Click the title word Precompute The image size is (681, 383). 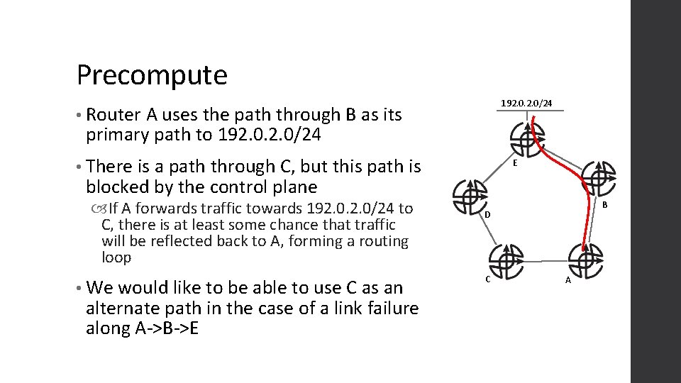[152, 74]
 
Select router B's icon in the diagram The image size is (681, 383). [599, 177]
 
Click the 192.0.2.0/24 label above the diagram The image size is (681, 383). [526, 104]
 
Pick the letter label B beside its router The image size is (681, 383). [604, 205]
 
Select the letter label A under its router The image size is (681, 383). [568, 280]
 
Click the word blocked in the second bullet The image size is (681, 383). [119, 187]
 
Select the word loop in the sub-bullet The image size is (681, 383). [116, 257]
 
